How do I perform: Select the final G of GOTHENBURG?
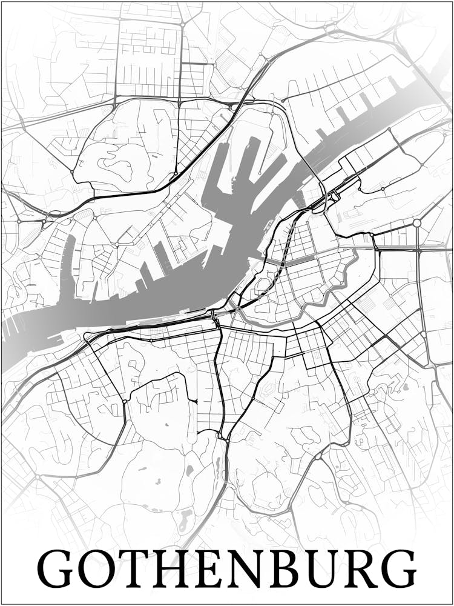point(399,568)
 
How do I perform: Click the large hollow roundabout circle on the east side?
point(417,223)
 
